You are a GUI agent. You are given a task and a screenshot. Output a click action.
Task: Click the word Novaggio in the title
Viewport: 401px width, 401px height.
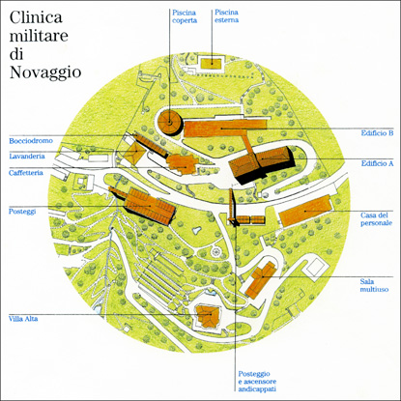click(45, 72)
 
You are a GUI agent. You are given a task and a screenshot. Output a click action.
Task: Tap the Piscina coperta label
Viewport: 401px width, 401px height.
click(185, 16)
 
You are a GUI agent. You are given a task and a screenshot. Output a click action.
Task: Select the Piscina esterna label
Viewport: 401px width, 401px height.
click(227, 16)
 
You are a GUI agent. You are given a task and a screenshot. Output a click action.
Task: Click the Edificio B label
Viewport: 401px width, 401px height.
click(377, 132)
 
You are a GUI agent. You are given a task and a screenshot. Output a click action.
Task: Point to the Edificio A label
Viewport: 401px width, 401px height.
click(377, 163)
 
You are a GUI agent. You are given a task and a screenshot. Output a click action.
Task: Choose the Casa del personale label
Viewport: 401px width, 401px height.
click(377, 219)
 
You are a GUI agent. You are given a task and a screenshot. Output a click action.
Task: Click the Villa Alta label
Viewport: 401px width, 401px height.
click(23, 319)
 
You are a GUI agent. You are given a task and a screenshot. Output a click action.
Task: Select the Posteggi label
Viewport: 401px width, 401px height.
click(22, 212)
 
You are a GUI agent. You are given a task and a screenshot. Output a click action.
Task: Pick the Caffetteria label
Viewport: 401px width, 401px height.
click(26, 173)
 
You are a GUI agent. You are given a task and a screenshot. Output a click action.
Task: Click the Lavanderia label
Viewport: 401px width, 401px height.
click(27, 157)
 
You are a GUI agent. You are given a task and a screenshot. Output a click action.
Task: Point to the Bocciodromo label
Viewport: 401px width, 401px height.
click(31, 141)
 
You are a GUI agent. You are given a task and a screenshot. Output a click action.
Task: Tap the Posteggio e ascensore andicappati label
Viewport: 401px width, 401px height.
click(257, 382)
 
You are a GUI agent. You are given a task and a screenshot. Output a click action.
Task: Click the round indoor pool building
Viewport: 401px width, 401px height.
click(170, 122)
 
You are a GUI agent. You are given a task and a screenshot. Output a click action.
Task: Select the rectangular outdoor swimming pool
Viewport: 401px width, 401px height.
click(212, 63)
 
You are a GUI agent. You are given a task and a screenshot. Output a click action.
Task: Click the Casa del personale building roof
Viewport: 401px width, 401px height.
click(305, 211)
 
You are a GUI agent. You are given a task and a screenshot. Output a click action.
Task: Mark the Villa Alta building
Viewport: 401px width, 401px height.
click(210, 316)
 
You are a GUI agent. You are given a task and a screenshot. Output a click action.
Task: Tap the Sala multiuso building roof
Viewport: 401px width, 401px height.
click(260, 279)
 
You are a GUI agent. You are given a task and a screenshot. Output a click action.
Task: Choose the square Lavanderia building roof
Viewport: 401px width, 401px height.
click(132, 152)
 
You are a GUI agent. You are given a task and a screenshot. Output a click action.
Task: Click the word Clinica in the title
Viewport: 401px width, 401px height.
click(36, 17)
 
